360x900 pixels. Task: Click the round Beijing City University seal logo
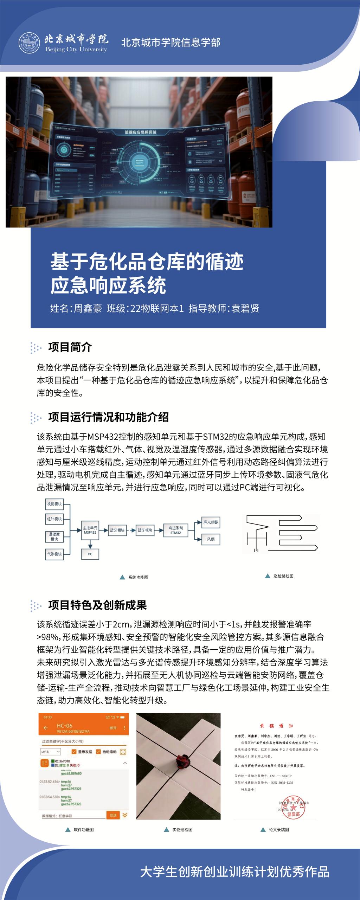(30, 43)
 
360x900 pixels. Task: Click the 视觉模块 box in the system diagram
(54, 504)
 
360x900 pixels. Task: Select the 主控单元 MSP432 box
(90, 530)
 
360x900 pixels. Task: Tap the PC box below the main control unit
(90, 554)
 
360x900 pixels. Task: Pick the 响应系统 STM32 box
(176, 530)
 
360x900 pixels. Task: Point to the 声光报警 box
(211, 522)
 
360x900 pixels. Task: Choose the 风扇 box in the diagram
(211, 539)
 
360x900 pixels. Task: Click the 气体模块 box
(54, 554)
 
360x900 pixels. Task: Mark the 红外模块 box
(54, 519)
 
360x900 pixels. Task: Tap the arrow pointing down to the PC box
(90, 544)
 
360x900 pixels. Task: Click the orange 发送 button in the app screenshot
(113, 815)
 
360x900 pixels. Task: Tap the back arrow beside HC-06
(45, 728)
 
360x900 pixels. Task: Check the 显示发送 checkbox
(74, 752)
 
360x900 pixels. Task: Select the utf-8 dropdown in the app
(51, 752)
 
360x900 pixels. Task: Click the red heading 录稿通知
(276, 726)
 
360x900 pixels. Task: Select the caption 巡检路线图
(283, 576)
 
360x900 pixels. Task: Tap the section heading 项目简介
(70, 347)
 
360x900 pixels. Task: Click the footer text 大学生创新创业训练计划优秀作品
(234, 872)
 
